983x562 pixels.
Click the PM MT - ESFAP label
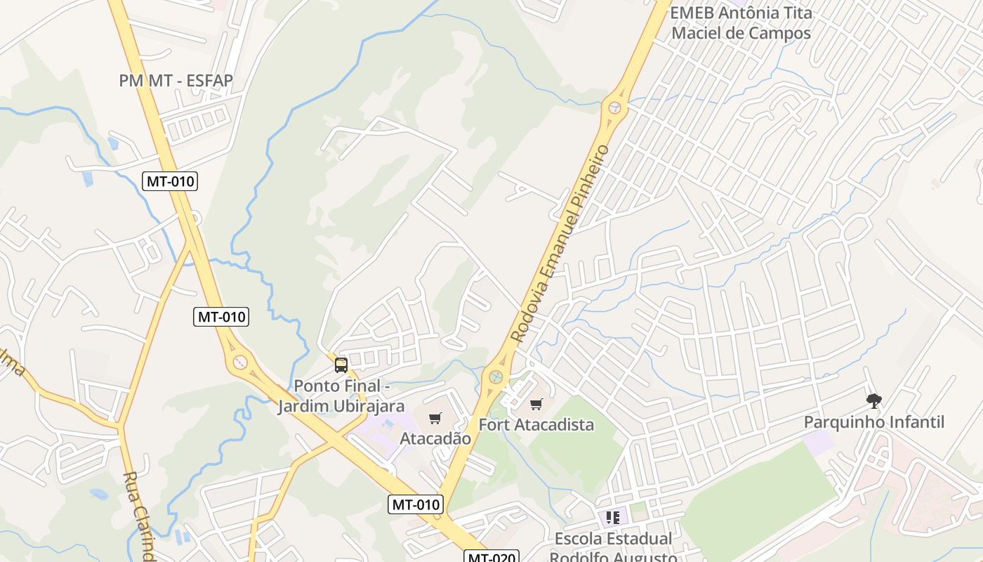(176, 81)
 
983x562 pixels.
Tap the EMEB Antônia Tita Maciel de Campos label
(741, 22)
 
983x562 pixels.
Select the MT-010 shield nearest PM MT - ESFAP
(170, 181)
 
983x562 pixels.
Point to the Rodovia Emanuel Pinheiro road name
(560, 243)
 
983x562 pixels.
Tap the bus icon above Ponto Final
(341, 365)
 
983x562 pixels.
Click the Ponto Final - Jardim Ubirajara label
(341, 396)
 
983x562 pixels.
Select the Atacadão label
(435, 438)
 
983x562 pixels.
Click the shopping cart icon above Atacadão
(435, 419)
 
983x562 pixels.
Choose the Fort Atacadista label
(536, 424)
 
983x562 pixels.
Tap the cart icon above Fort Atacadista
(536, 404)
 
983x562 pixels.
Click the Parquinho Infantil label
(873, 422)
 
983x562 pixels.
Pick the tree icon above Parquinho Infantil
(873, 401)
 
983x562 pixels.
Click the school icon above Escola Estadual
(613, 518)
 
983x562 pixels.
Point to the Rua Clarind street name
(139, 516)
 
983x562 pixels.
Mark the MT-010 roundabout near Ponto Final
(240, 362)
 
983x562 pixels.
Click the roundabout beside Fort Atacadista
(496, 376)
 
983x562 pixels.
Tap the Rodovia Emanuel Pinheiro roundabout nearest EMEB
(616, 107)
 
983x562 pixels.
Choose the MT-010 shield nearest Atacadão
(416, 504)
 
